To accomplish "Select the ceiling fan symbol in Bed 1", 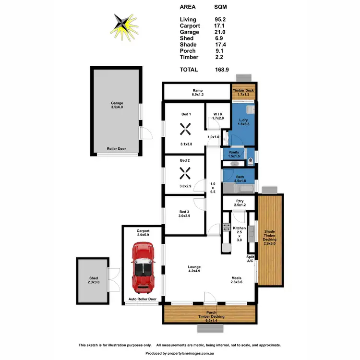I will [185, 129].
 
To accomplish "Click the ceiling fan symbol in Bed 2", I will [185, 172].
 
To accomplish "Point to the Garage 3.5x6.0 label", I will [118, 105].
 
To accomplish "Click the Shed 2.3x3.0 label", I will [93, 280].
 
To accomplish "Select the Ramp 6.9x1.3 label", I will [197, 93].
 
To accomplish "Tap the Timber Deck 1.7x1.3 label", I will [243, 93].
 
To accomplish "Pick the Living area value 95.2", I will [220, 20].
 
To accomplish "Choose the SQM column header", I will [221, 7].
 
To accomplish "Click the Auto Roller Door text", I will [143, 299].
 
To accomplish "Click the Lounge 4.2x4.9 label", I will [194, 269].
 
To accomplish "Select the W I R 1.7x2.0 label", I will [218, 116].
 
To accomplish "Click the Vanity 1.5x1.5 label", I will [234, 154].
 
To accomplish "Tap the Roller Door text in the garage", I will [117, 149].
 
